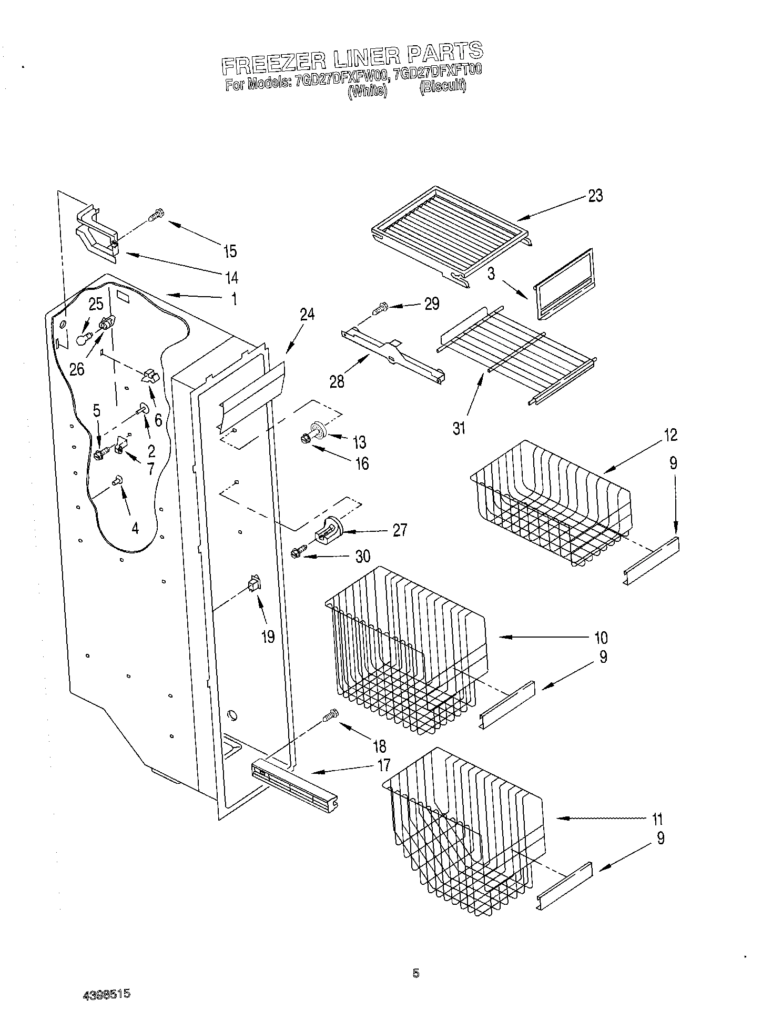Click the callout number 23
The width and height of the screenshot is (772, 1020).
point(595,196)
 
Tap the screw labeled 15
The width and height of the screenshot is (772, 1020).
point(156,216)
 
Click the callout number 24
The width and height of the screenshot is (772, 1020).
point(307,315)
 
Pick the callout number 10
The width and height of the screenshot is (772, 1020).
point(601,638)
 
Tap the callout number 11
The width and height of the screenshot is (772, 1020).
point(657,819)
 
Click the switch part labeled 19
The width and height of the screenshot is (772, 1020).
point(255,584)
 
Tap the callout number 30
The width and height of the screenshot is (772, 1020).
point(363,556)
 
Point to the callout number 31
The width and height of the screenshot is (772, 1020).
point(459,429)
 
